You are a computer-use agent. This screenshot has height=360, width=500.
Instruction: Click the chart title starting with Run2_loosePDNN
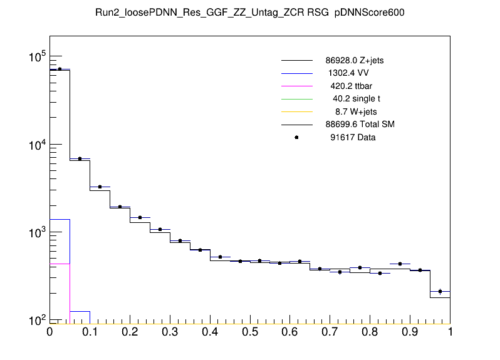tap(249, 14)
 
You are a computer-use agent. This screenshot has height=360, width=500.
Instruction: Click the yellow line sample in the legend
tap(296, 111)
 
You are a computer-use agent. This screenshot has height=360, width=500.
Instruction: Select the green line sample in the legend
tap(296, 99)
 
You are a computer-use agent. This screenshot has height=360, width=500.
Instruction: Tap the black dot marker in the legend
tap(296, 137)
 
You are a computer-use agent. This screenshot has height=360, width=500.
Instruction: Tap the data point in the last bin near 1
tap(440, 291)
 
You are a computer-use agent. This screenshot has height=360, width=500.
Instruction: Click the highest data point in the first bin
tap(60, 69)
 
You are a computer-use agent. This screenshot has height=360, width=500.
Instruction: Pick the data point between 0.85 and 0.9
tap(400, 264)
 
